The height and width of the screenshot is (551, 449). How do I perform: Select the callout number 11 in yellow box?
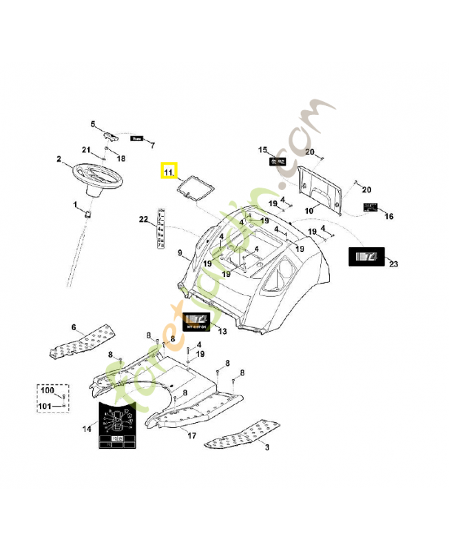pyautogui.click(x=169, y=170)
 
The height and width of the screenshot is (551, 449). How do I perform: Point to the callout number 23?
pyautogui.click(x=393, y=264)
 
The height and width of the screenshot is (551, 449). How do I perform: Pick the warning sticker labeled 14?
pyautogui.click(x=117, y=426)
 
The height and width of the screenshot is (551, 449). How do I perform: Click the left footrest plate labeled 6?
pyautogui.click(x=79, y=343)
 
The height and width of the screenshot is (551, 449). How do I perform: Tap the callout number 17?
pyautogui.click(x=191, y=436)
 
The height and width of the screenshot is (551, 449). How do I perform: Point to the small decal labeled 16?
pyautogui.click(x=371, y=208)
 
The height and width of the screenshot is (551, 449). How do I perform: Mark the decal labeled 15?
pyautogui.click(x=278, y=161)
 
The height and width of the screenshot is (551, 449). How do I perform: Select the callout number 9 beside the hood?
pyautogui.click(x=180, y=253)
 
